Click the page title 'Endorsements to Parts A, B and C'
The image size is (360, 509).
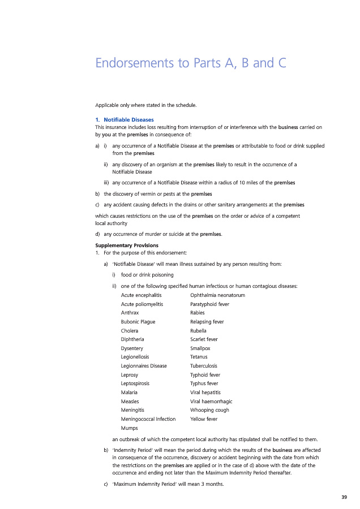(x=190, y=63)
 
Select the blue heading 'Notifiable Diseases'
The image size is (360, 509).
(x=128, y=119)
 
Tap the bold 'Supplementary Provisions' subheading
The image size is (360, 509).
(x=123, y=245)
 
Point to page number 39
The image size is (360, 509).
(x=344, y=497)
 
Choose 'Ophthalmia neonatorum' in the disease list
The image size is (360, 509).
(x=218, y=295)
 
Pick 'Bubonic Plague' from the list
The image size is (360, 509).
(x=138, y=322)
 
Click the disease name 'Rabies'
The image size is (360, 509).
(x=198, y=313)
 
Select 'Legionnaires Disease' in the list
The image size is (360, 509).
(x=144, y=366)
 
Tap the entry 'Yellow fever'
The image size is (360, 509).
(x=204, y=419)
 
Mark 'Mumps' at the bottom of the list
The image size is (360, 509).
(x=130, y=428)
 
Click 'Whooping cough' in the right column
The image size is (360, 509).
(x=209, y=410)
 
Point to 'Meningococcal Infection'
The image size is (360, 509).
(x=148, y=419)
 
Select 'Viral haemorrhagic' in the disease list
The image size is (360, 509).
(x=211, y=401)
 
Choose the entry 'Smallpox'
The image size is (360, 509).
(x=201, y=348)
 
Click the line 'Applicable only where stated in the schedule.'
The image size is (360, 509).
(x=145, y=105)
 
